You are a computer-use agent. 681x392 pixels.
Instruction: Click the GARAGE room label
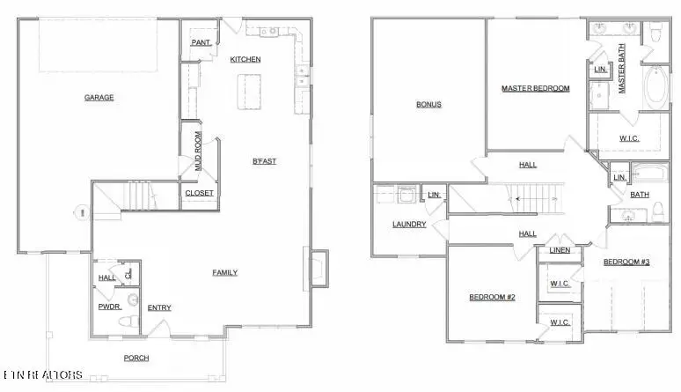(99, 98)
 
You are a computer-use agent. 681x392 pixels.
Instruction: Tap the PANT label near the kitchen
(200, 42)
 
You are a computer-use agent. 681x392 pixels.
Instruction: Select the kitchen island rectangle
(251, 91)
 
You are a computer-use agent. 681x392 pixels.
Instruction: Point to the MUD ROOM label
(199, 150)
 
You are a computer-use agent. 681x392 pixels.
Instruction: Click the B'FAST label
(265, 161)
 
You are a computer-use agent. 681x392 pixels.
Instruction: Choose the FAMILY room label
(224, 273)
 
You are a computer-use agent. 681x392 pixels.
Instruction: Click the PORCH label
(135, 358)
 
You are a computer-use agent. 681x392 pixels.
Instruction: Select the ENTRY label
(159, 307)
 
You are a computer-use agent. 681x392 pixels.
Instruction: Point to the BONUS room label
(428, 105)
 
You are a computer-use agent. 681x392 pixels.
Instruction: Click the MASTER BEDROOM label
(536, 88)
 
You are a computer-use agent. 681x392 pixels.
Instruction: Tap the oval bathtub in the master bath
(656, 90)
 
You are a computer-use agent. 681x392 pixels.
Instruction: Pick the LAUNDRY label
(409, 225)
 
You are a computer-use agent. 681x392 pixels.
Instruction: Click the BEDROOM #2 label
(491, 297)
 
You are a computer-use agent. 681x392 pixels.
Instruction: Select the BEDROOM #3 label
(626, 263)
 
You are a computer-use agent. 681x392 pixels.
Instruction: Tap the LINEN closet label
(560, 251)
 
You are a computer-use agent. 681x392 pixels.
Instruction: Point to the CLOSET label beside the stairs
(198, 193)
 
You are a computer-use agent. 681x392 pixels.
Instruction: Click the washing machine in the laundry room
(406, 195)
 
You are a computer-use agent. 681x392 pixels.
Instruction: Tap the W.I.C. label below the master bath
(629, 138)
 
